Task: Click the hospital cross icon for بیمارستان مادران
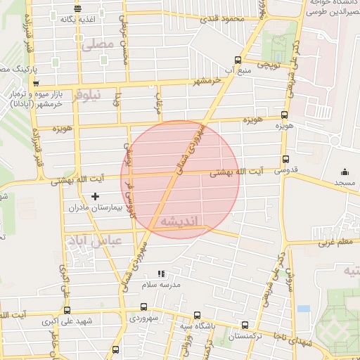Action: (x=96, y=195)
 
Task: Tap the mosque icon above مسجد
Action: (x=345, y=172)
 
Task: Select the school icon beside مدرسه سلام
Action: (x=161, y=274)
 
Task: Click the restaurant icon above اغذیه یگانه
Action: (x=77, y=9)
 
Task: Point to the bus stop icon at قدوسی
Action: (x=285, y=160)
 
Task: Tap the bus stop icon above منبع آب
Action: (x=237, y=60)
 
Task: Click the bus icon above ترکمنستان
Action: (x=245, y=325)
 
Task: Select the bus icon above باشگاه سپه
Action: (x=196, y=316)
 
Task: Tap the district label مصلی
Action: (x=97, y=45)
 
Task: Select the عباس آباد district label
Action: (x=94, y=241)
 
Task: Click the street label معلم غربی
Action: (x=335, y=243)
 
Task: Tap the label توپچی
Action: (x=267, y=64)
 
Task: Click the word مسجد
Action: (x=345, y=183)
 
